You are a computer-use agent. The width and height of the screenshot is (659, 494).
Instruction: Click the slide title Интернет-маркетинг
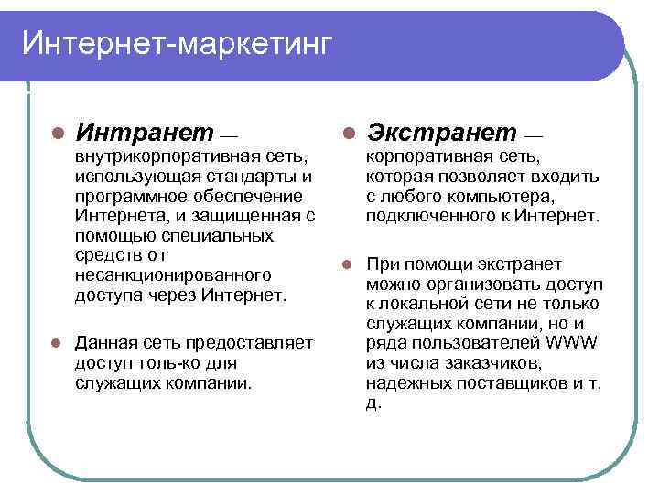tap(174, 43)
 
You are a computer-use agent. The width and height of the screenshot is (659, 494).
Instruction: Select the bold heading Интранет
tap(146, 134)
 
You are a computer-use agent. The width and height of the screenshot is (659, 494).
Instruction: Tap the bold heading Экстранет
tap(440, 134)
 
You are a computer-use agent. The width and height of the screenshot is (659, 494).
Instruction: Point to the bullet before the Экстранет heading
tap(348, 134)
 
